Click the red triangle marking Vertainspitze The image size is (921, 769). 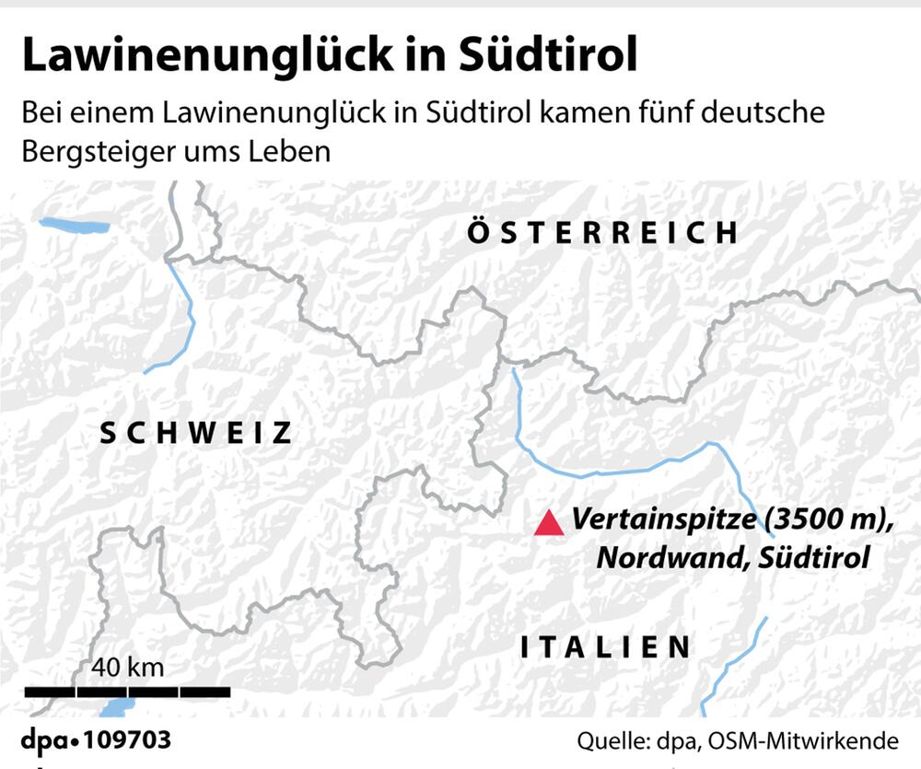(x=549, y=524)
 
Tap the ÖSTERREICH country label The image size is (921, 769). (x=602, y=232)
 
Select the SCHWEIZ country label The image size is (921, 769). (x=195, y=433)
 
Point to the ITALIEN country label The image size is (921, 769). (x=605, y=647)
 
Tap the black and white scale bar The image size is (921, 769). (x=127, y=691)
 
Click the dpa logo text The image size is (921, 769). (x=49, y=741)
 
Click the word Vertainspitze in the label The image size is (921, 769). (x=663, y=520)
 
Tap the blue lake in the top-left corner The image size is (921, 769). (x=74, y=225)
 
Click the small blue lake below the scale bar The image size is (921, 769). (x=118, y=707)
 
